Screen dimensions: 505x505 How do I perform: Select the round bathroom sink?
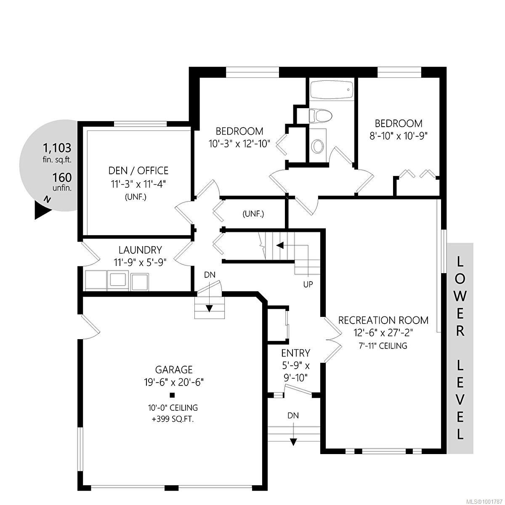click(x=318, y=146)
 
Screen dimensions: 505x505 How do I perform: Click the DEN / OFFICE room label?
click(x=138, y=170)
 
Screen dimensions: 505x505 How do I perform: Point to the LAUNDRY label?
click(x=140, y=250)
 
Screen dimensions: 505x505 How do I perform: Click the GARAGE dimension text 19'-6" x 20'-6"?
click(x=174, y=382)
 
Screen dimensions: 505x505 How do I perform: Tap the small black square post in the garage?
click(x=172, y=395)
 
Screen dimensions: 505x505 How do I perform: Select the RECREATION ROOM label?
click(x=383, y=320)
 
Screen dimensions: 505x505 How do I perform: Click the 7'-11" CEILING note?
click(x=383, y=346)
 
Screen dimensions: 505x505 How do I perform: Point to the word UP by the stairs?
click(x=308, y=284)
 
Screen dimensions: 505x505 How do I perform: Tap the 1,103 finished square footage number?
click(x=57, y=148)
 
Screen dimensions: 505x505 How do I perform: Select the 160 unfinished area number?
click(x=62, y=177)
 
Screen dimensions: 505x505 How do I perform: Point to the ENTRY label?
click(x=296, y=353)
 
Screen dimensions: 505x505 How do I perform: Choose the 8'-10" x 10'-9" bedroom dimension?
click(x=399, y=136)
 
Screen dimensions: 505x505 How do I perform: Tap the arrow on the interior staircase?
click(x=279, y=245)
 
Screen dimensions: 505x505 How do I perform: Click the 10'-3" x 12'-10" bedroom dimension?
click(x=239, y=144)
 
